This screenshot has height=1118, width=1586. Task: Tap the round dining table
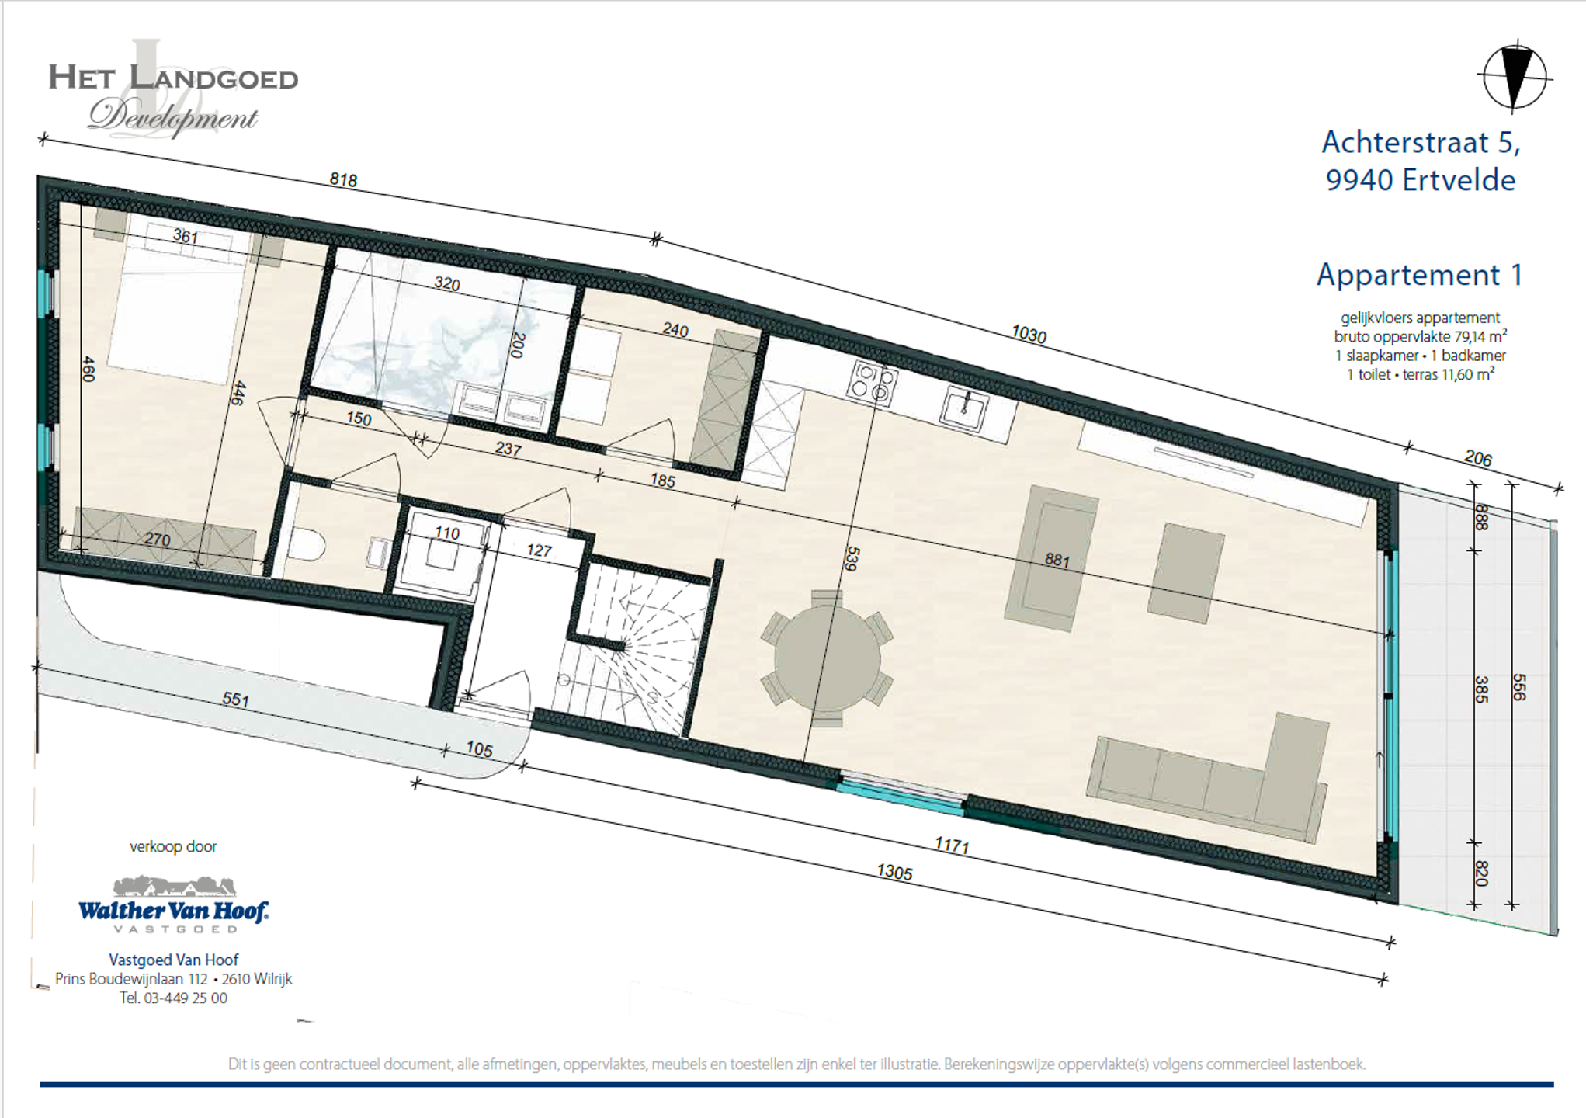point(828,658)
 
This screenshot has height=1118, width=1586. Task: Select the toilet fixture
point(305,545)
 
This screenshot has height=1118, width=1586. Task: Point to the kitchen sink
point(965,408)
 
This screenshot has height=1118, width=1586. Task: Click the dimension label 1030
point(1029,335)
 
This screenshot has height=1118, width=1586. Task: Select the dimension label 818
point(343,180)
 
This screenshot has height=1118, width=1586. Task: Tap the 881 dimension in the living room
point(1057,560)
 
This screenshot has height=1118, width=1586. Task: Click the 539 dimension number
point(852,559)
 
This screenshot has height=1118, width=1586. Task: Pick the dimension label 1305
point(894,873)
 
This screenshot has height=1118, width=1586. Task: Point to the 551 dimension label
point(236,700)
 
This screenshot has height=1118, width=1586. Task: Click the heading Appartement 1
point(1419,275)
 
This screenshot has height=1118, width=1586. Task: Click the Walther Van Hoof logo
point(173,904)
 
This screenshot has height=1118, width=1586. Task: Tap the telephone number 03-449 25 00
point(186,998)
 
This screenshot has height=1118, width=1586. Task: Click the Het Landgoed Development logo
point(173,89)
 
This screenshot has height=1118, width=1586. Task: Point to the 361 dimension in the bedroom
point(185,236)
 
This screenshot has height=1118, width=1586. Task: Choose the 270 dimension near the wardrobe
point(157,540)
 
